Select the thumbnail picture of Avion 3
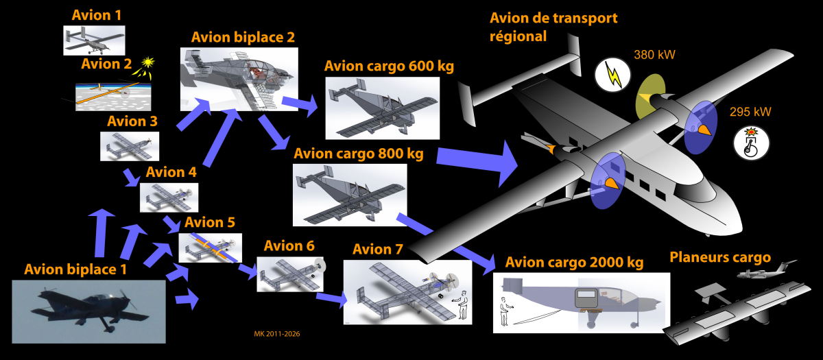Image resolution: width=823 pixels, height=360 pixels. coord(130,145)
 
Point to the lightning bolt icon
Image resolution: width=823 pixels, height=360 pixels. coord(613,75)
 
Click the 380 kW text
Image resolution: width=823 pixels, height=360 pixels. coord(651,55)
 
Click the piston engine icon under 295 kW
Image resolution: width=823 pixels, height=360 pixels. coord(752,143)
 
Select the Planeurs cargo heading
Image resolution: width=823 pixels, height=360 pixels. coord(719,258)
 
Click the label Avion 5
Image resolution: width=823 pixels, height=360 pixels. coord(209,223)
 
